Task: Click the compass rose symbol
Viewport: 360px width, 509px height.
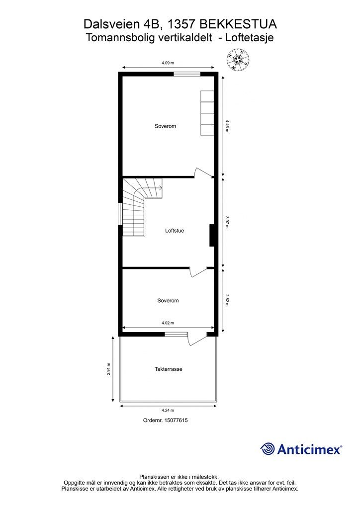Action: [238, 60]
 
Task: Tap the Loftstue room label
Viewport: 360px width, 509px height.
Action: [175, 231]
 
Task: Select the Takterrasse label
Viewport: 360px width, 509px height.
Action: [169, 369]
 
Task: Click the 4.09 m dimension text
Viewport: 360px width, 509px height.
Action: [168, 63]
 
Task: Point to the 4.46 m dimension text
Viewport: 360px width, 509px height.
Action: [227, 126]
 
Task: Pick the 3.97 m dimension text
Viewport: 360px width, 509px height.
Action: [227, 222]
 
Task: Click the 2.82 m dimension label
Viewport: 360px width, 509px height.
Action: [227, 301]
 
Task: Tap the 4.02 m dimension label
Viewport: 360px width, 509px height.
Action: [168, 323]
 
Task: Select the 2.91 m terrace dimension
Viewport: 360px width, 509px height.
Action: [109, 369]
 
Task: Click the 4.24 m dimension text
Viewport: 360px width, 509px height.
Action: [168, 411]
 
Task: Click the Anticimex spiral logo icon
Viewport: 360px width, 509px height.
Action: [268, 449]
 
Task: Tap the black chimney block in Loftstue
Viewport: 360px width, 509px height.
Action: [212, 235]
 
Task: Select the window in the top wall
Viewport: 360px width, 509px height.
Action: [187, 74]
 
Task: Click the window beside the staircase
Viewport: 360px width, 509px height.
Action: [121, 214]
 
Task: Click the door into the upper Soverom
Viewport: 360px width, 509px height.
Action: [202, 173]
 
